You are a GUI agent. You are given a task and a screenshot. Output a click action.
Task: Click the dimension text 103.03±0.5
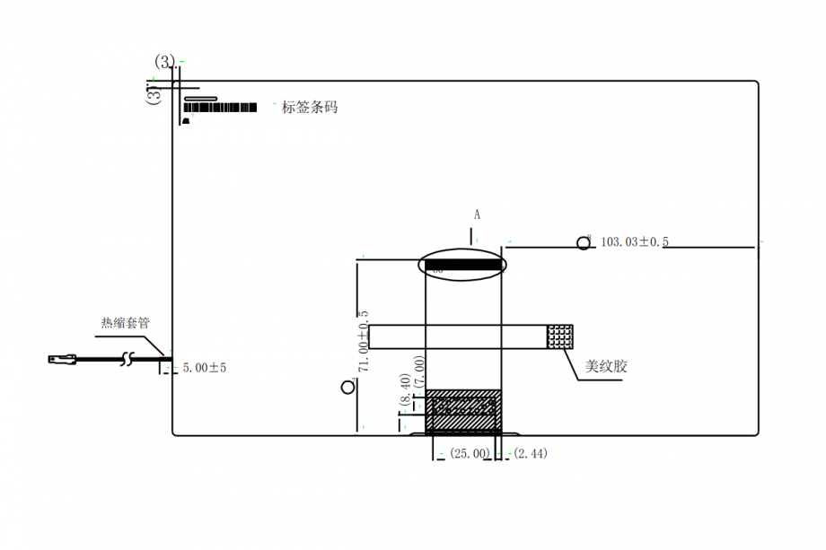[x=635, y=242]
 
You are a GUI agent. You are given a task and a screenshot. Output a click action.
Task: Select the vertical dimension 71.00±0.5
[x=364, y=342]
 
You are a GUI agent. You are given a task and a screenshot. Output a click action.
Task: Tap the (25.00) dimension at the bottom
[x=470, y=454]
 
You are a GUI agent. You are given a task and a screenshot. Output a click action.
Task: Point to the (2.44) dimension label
[x=530, y=454]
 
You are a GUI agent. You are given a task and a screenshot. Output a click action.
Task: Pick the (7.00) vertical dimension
[x=419, y=369]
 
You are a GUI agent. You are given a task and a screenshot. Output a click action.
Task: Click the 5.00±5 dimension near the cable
[x=205, y=368]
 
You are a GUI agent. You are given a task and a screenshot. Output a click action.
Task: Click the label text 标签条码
[x=310, y=108]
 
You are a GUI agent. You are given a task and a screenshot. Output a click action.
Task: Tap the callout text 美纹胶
[x=605, y=367]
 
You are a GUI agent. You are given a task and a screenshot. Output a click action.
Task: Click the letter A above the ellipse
[x=478, y=215]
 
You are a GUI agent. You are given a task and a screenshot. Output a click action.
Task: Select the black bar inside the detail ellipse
[x=463, y=266]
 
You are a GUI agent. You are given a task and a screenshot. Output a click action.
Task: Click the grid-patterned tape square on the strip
[x=560, y=336]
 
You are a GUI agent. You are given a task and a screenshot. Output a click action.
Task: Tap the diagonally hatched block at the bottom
[x=463, y=412]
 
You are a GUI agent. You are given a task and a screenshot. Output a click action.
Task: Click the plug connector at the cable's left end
[x=62, y=359]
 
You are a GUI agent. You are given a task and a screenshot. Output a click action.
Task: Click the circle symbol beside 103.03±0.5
[x=584, y=243]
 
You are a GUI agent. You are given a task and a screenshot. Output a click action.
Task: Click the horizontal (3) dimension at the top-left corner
[x=165, y=61]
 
